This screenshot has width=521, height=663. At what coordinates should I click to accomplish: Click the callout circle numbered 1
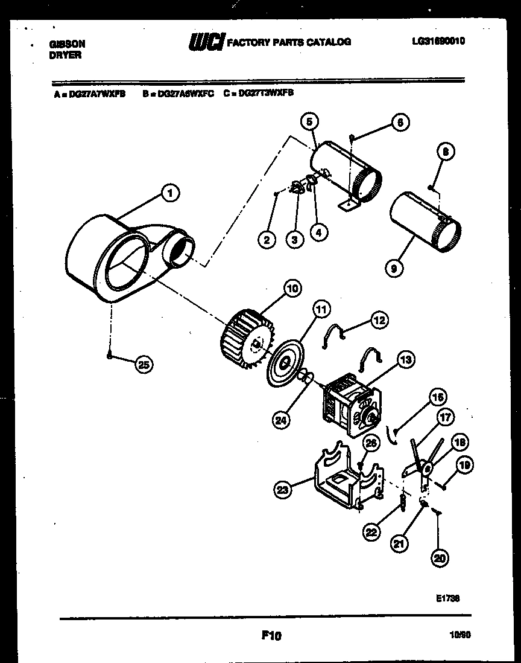point(171,194)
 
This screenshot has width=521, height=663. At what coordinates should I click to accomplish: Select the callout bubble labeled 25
point(144,364)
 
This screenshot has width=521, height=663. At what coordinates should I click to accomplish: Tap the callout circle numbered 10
point(292,289)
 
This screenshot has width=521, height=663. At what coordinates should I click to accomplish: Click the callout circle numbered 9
point(393,266)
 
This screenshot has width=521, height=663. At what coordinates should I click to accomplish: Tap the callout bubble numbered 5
point(309,122)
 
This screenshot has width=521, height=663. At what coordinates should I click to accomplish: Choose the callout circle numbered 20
point(440,559)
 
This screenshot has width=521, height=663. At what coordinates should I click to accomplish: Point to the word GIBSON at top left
point(66,44)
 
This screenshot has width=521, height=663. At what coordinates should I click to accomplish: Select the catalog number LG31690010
point(438,41)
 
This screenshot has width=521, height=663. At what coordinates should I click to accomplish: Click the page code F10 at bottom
point(272,635)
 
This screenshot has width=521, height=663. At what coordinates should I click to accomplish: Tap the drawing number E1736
point(447,598)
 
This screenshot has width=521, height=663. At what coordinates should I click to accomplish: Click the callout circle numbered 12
point(379,321)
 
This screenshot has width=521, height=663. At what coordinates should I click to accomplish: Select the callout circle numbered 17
point(446,417)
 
